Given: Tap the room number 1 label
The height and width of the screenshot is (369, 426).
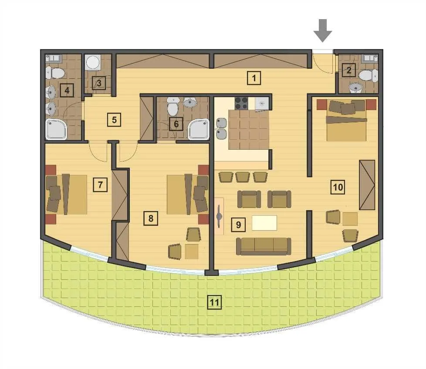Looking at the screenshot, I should point(254,78).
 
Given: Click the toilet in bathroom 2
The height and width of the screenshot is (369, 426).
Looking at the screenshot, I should point(367,75).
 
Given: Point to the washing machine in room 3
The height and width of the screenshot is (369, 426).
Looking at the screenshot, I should point(93,62).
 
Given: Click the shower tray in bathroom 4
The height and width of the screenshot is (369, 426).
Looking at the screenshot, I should point(57,129).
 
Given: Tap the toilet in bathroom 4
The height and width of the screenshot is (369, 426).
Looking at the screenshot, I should point(53,72).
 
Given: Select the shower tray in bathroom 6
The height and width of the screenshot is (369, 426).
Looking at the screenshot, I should point(198,129).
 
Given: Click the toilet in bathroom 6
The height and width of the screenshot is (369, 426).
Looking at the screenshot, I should point(173,107).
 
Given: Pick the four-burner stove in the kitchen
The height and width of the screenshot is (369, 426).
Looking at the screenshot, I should point(241,103).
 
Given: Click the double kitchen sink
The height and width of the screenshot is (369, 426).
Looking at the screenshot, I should point(221,128).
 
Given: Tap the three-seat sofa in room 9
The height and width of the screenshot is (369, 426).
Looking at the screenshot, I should point(263,246).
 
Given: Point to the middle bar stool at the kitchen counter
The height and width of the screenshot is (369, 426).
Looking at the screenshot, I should point(243,177).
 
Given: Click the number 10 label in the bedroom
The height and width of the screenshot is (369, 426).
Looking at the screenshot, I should point(338,188).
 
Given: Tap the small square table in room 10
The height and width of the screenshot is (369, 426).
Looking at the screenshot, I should point(349,218).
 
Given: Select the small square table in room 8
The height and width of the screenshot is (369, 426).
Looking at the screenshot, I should point(192,251).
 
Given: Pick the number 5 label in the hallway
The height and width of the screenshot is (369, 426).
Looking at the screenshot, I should point(114,120).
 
